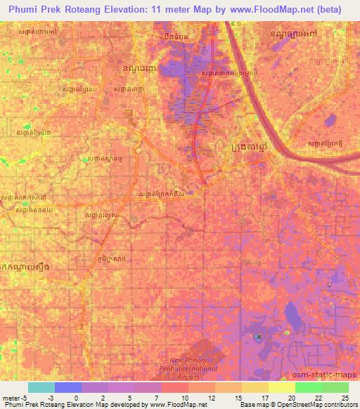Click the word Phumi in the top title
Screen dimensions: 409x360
click(25, 10)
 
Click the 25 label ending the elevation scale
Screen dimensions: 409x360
click(345, 397)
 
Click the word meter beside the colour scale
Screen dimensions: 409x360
click(11, 397)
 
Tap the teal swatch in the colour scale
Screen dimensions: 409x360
click(41, 387)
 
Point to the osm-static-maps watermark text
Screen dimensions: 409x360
click(329, 375)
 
